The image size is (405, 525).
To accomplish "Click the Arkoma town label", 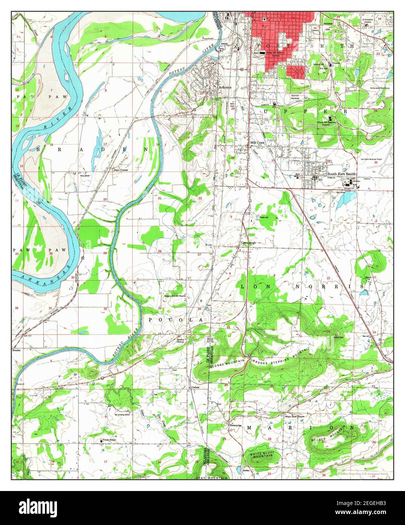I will pos(225,88).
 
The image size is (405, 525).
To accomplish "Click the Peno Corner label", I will pos(122,170).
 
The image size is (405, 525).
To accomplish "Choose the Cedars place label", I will pos(196,387).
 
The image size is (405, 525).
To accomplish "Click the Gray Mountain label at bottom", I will pos(211,478).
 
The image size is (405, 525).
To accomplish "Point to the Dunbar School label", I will pos(183,340).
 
